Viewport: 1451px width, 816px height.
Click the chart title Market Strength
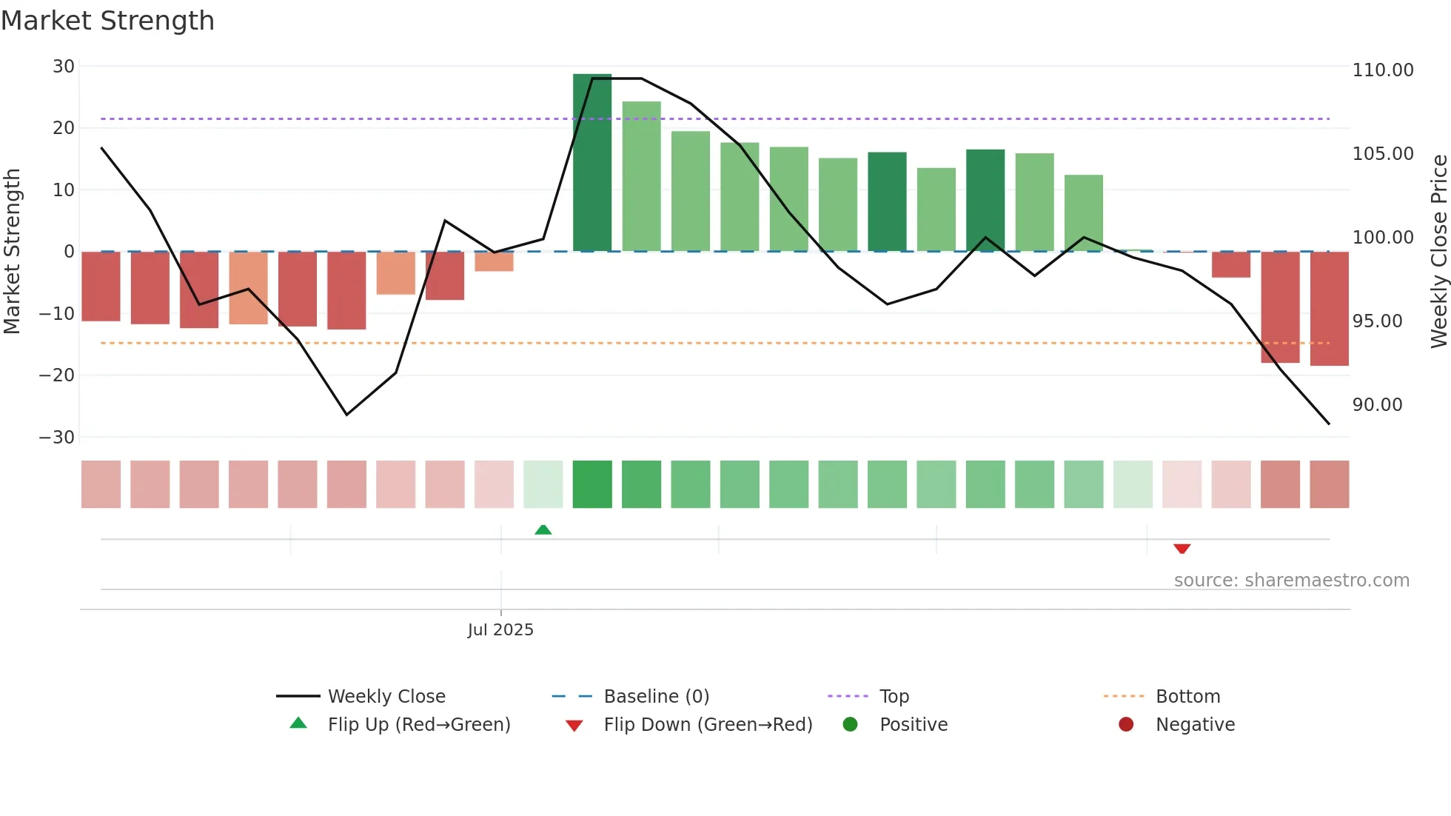point(107,21)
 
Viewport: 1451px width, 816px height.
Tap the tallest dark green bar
point(592,163)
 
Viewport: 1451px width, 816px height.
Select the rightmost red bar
point(1329,309)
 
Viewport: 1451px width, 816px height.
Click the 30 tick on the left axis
point(64,67)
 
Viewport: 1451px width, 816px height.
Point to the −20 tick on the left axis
point(58,375)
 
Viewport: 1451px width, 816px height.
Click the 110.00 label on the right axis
point(1382,70)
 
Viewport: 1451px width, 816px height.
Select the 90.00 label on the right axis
point(1377,405)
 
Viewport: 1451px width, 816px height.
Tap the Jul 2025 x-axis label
point(500,630)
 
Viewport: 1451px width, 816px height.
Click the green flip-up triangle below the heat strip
point(543,529)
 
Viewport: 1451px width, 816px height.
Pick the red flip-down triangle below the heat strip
point(1182,549)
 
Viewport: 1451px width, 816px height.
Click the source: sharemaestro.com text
point(1291,581)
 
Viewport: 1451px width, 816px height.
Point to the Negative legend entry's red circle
point(1125,725)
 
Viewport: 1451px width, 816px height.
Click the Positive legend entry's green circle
point(850,725)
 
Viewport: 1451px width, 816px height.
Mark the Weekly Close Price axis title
point(1438,252)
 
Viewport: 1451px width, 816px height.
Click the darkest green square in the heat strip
point(592,484)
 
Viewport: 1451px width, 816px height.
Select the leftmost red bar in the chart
point(101,287)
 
